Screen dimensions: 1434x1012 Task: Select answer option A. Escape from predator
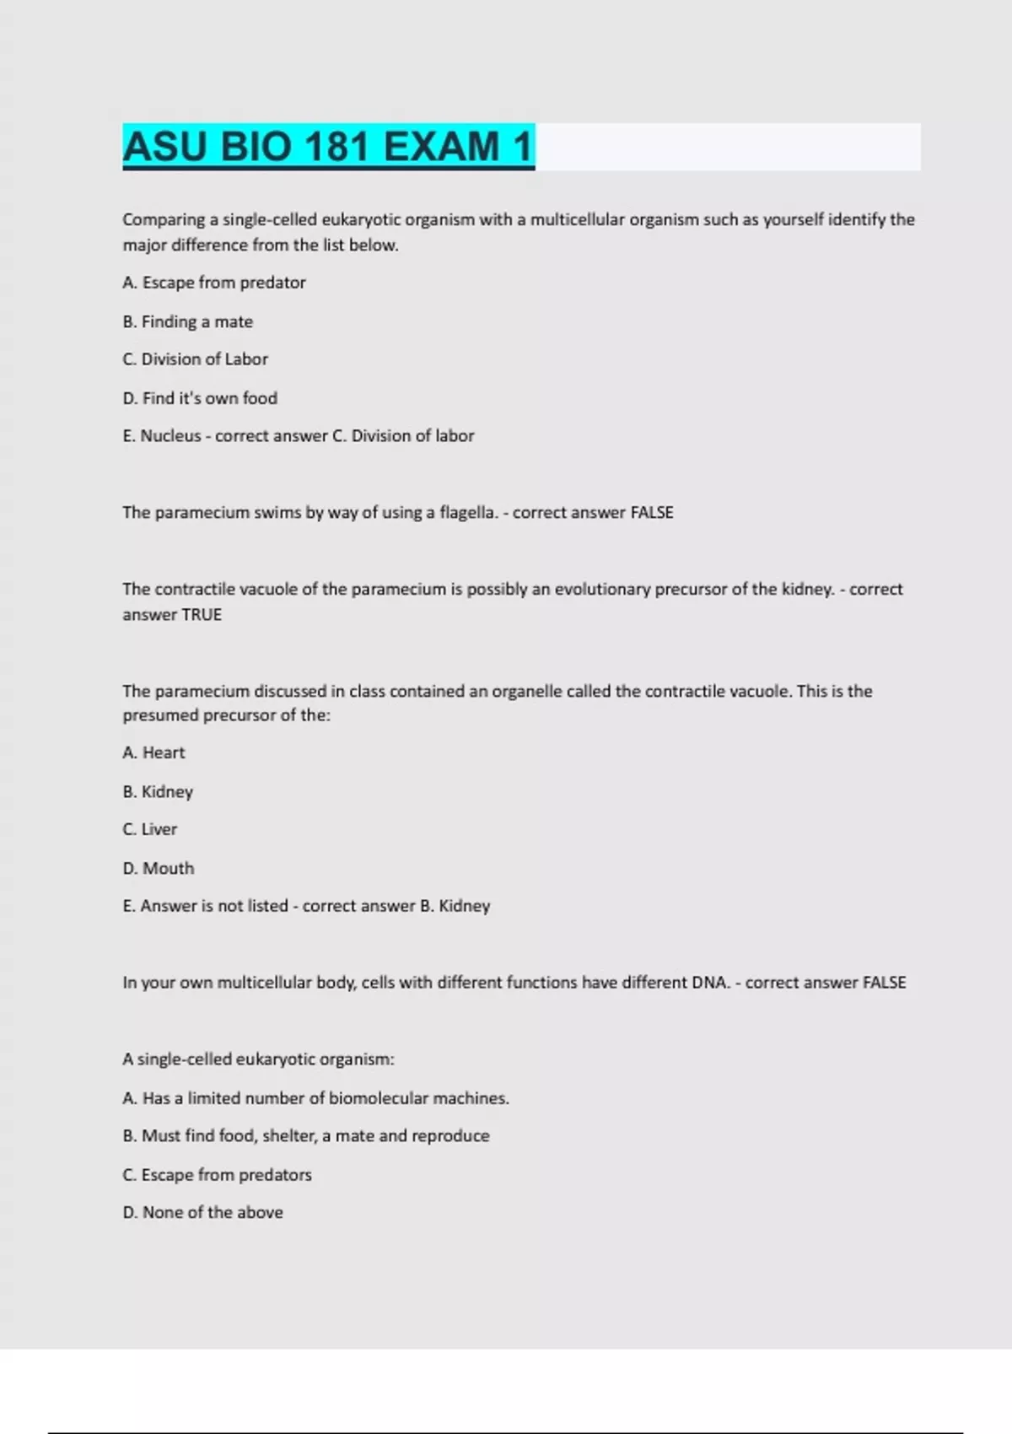[x=214, y=283]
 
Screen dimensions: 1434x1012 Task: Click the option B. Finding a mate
[x=188, y=321]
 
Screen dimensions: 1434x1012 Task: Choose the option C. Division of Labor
[x=196, y=359]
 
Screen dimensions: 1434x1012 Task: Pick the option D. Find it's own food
[x=200, y=398]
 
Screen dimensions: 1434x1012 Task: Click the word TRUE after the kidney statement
[x=202, y=615]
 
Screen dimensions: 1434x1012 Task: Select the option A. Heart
[x=153, y=752]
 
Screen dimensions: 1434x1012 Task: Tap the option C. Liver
[x=150, y=829]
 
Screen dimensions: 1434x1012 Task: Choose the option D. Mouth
[x=159, y=868]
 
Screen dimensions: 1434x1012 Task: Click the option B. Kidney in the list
[x=158, y=791]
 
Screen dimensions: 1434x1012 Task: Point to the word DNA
[x=710, y=983]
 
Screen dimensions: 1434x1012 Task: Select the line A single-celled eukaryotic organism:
[x=258, y=1059]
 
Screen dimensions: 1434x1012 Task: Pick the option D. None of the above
[x=202, y=1213]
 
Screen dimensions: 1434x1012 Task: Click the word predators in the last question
[x=275, y=1175]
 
